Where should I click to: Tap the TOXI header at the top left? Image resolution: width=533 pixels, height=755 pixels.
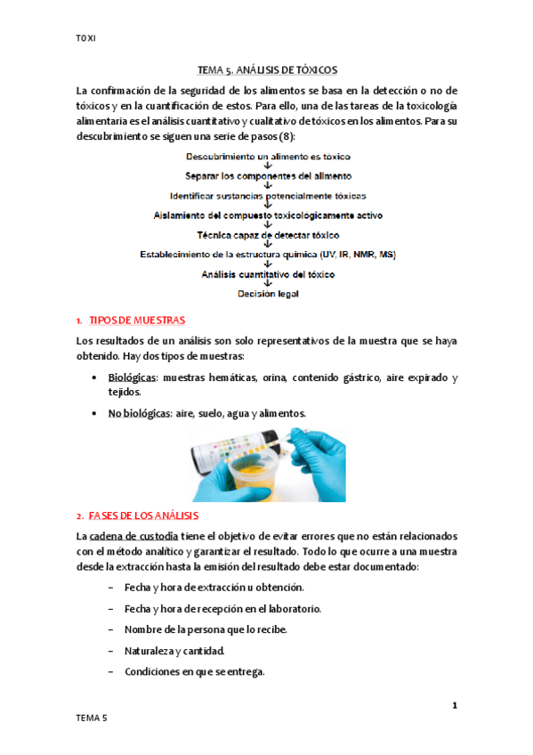[x=85, y=38]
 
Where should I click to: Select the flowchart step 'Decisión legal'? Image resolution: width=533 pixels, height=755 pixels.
[x=268, y=293]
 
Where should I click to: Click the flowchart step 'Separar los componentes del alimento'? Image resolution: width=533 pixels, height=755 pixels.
[x=268, y=175]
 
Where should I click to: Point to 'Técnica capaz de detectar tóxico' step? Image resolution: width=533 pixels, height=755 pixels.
[x=268, y=234]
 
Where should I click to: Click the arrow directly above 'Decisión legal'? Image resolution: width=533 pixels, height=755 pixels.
[x=268, y=283]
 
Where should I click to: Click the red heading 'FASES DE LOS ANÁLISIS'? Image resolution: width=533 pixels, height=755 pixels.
[x=143, y=516]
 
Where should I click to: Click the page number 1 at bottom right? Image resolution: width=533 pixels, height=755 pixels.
[x=454, y=705]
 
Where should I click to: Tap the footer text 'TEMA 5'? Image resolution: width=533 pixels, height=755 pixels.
[x=92, y=718]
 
